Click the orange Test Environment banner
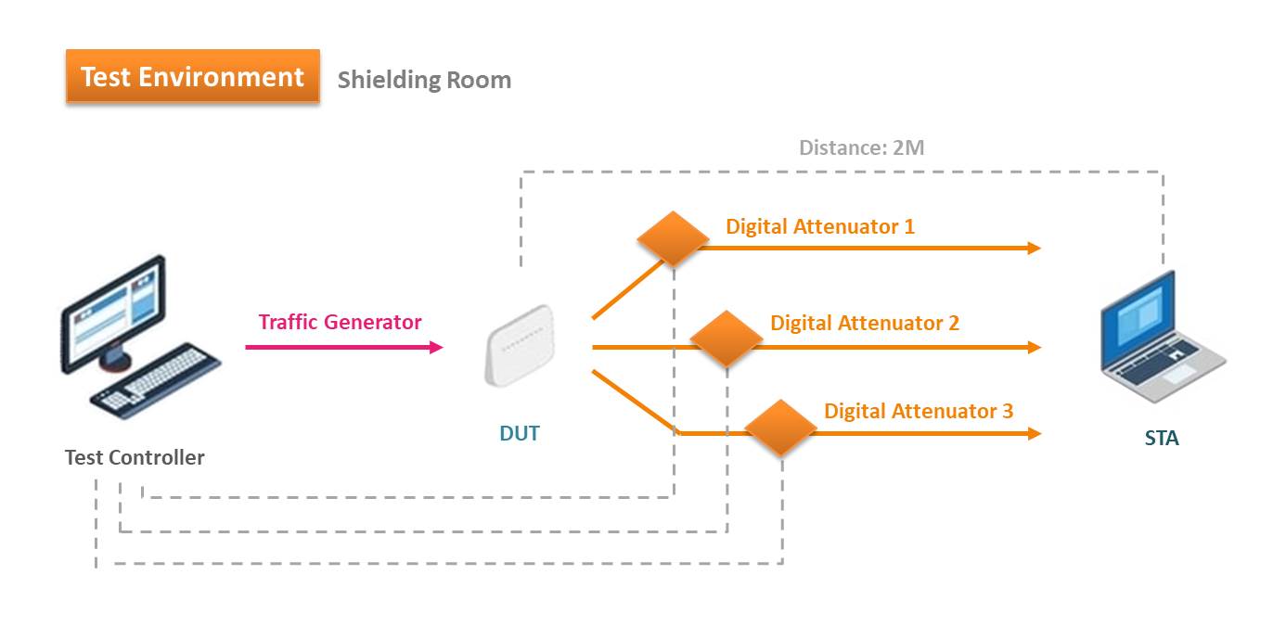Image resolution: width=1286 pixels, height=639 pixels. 192,77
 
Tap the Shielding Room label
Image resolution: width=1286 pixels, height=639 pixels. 424,80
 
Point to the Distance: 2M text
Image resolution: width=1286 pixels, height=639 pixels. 861,147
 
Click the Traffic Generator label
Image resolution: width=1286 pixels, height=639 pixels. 340,323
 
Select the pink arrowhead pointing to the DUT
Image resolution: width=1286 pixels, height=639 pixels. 436,347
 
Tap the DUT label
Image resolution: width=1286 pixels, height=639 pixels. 519,433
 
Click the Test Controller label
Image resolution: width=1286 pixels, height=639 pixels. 135,457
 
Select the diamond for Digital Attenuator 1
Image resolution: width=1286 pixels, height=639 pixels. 673,238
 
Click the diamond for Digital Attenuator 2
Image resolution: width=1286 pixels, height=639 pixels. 727,339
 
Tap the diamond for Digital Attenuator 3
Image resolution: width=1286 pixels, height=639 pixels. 780,427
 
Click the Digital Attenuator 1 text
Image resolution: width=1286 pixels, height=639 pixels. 820,226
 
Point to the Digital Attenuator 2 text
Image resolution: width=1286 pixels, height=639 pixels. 865,323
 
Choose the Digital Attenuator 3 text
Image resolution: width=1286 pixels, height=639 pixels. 919,411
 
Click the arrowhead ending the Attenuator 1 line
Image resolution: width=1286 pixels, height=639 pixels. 1034,249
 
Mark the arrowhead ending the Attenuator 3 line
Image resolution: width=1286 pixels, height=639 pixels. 1034,433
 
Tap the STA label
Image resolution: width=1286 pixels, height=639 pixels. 1162,439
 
